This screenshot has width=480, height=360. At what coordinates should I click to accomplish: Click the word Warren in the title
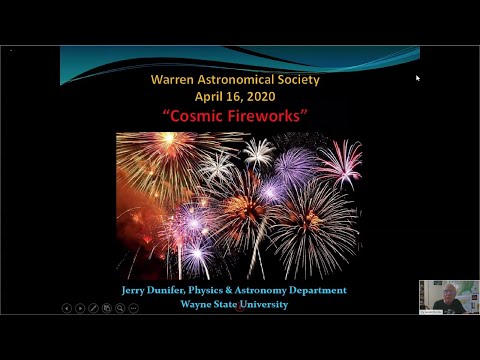pos(173,78)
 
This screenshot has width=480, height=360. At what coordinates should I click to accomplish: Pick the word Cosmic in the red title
pos(195,116)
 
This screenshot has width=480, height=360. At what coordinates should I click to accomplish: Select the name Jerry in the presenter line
pos(133,290)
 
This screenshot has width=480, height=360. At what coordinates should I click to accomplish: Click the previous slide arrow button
pos(67,308)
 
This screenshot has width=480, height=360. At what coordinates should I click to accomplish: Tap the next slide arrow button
pos(80,308)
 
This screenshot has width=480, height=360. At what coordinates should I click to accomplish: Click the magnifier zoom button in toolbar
pos(120,308)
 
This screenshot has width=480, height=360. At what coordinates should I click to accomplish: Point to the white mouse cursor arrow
pos(418,78)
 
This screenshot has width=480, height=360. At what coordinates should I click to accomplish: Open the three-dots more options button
pos(133,308)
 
